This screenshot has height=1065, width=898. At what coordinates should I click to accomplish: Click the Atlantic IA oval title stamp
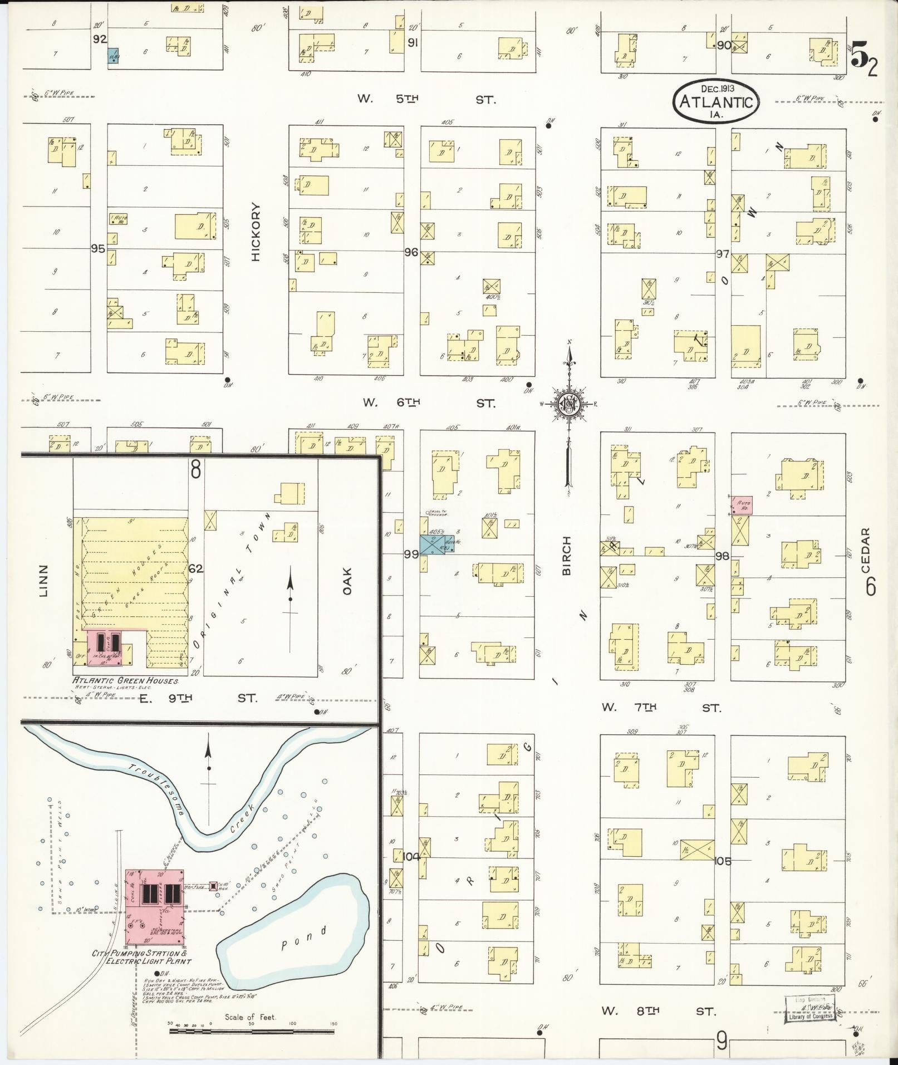(x=716, y=101)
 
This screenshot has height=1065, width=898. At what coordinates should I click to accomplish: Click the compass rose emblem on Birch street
(x=570, y=405)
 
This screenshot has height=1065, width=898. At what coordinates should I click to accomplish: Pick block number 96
(x=411, y=252)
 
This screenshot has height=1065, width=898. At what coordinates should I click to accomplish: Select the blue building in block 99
(x=436, y=544)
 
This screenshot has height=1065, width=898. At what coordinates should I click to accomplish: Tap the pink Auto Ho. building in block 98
(x=743, y=505)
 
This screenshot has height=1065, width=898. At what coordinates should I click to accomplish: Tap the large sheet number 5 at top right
(x=860, y=57)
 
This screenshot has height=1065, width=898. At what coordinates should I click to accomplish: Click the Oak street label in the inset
(x=348, y=580)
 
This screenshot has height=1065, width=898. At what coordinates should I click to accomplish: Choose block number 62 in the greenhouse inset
(x=195, y=569)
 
